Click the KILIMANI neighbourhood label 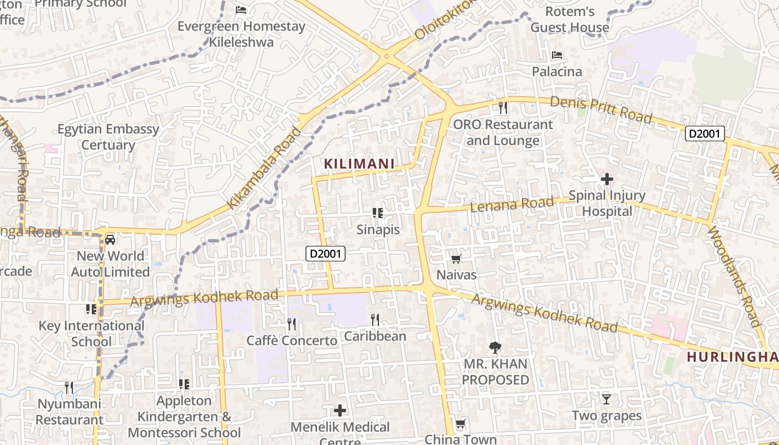(x=359, y=164)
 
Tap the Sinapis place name (x=378, y=229)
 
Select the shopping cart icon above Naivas (x=456, y=259)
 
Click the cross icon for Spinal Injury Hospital (x=607, y=179)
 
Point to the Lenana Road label (x=513, y=204)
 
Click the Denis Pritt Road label (x=601, y=110)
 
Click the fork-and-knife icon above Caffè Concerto (x=291, y=324)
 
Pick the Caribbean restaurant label (x=375, y=336)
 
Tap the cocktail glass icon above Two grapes (x=607, y=399)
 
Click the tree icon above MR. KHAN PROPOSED (x=495, y=348)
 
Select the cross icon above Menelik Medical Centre (x=339, y=411)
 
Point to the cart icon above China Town (x=461, y=424)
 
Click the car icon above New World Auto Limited (x=110, y=240)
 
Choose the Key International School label (x=91, y=333)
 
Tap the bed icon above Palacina (x=556, y=55)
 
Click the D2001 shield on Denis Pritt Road (x=705, y=133)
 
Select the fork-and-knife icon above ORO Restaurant (x=503, y=108)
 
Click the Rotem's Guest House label (x=570, y=19)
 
